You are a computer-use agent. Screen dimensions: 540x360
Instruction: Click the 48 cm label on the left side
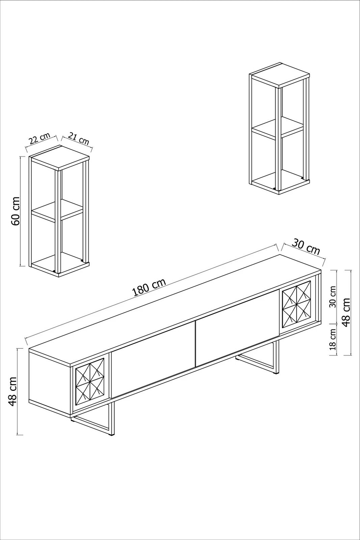(12, 392)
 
